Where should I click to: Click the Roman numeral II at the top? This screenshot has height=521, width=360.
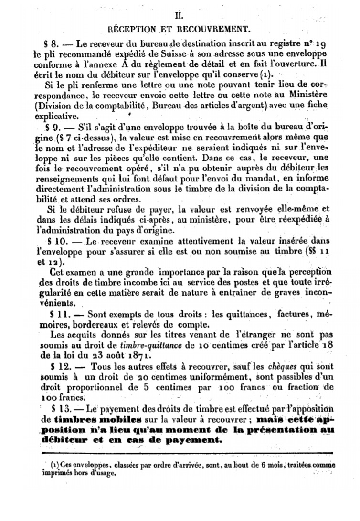[x=180, y=15]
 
